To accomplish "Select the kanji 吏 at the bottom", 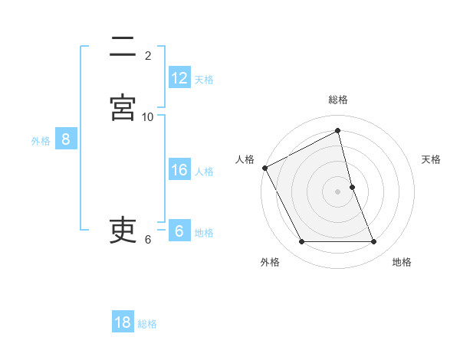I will pos(123,230).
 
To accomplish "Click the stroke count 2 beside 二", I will pos(148,55).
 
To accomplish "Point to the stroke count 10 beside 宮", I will pos(148,116).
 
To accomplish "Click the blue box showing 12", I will pos(179,78).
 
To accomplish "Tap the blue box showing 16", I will pos(179,170).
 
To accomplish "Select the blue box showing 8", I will pos(66,139).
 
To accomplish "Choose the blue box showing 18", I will pos(123,322).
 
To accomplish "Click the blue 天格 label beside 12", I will pos(204,79).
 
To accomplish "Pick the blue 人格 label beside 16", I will pos(204,171).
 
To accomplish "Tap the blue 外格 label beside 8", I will pos(41,140).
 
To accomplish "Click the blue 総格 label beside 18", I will pos(147,323).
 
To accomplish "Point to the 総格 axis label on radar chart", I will pos(338,100).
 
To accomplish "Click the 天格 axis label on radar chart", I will pos(432,159).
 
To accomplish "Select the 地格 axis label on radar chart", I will pos(402,262).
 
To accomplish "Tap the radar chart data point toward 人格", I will pos(264,168).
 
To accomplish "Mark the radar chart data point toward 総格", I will pos(338,130).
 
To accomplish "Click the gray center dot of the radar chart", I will pos(338,191).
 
